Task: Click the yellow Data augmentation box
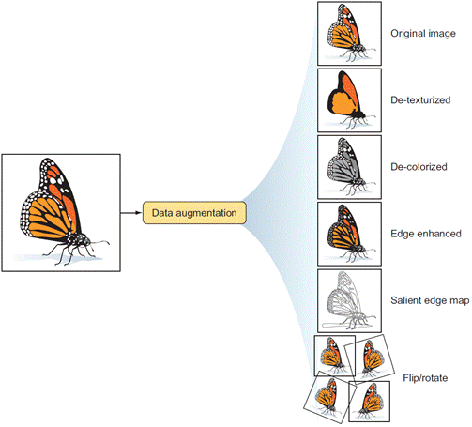point(194,213)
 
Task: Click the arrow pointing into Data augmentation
point(131,213)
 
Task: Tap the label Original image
point(423,34)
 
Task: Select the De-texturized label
point(420,100)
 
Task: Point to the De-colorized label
point(419,167)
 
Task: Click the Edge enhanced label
point(426,234)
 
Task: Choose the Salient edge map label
point(430,300)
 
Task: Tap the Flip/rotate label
point(425,378)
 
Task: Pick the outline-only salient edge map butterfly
point(349,301)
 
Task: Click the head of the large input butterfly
point(84,241)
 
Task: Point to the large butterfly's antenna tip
point(109,243)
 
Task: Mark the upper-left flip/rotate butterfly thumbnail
point(335,356)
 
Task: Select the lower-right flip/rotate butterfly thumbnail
point(370,402)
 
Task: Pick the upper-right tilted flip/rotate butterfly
point(370,358)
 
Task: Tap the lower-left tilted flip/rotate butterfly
point(330,397)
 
